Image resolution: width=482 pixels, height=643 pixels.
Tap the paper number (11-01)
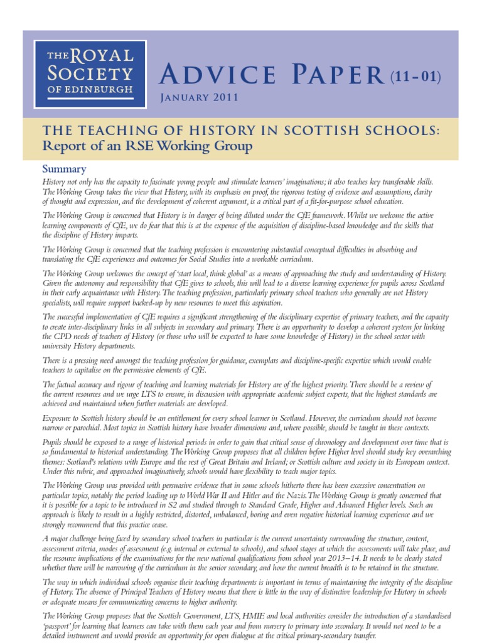(415, 77)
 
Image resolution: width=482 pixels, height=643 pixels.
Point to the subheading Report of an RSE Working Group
(146, 147)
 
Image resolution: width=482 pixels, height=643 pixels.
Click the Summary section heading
(63, 169)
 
